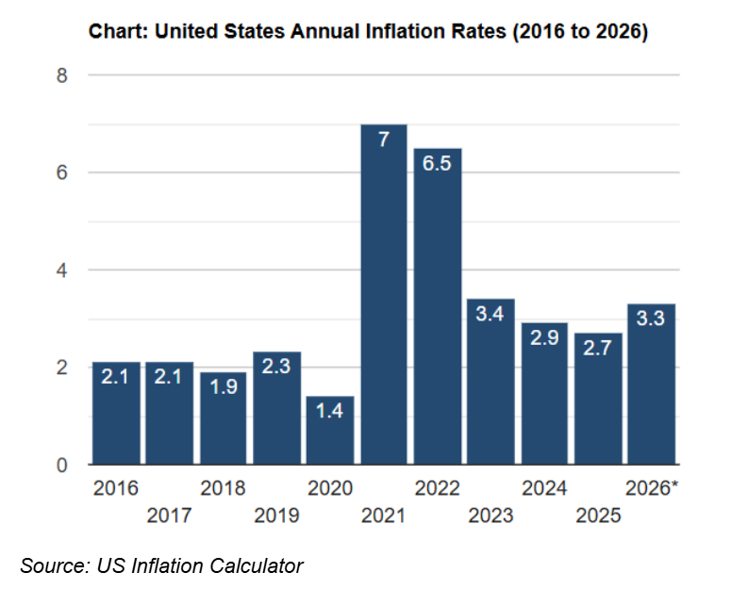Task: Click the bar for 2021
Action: (384, 302)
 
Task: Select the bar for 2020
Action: (330, 434)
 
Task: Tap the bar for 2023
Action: (491, 386)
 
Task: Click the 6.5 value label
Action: (438, 163)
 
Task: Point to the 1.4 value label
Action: (330, 411)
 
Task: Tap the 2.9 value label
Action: (545, 337)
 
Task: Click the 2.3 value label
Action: (276, 368)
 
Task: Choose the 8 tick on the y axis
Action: (62, 75)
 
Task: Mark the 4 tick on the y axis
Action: (62, 270)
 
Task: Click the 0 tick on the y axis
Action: (62, 465)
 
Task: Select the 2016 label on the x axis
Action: (116, 488)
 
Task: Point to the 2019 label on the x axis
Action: (276, 515)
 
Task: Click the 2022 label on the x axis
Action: (438, 488)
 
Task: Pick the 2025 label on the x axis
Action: (599, 515)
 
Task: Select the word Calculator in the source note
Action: (253, 565)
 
